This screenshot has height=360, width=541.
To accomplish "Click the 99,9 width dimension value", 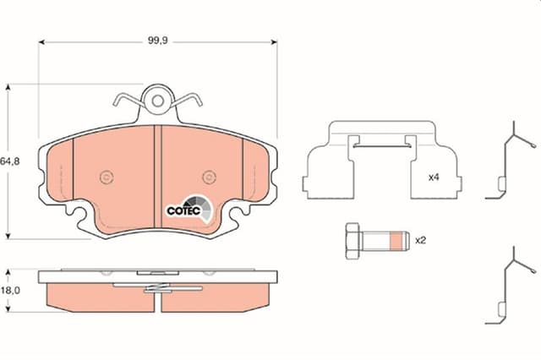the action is tap(158, 41).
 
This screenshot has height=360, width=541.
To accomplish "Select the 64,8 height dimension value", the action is tap(10, 161).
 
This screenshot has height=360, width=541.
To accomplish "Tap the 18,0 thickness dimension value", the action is tap(10, 291).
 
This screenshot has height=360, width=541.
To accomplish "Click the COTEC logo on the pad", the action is tap(189, 209).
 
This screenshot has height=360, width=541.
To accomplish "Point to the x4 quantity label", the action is tap(434, 177).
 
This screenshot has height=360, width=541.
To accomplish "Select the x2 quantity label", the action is tap(420, 240).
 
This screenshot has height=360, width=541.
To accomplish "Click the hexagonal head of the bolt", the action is tap(353, 241).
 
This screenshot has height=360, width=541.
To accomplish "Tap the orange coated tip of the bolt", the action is tap(396, 241).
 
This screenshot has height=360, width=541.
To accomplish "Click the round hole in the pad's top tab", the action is tap(158, 101).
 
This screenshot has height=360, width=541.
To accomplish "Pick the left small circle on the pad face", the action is tap(107, 177).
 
